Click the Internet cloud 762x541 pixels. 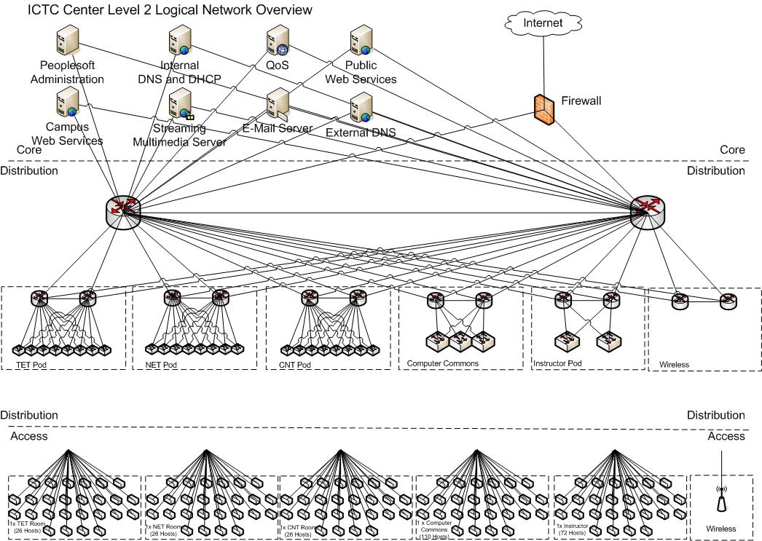(543, 23)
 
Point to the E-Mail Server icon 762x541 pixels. (278, 105)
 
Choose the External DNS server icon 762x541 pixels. (361, 108)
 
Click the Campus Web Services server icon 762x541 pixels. (68, 102)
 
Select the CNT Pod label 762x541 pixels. (295, 363)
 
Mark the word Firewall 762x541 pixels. (581, 101)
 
